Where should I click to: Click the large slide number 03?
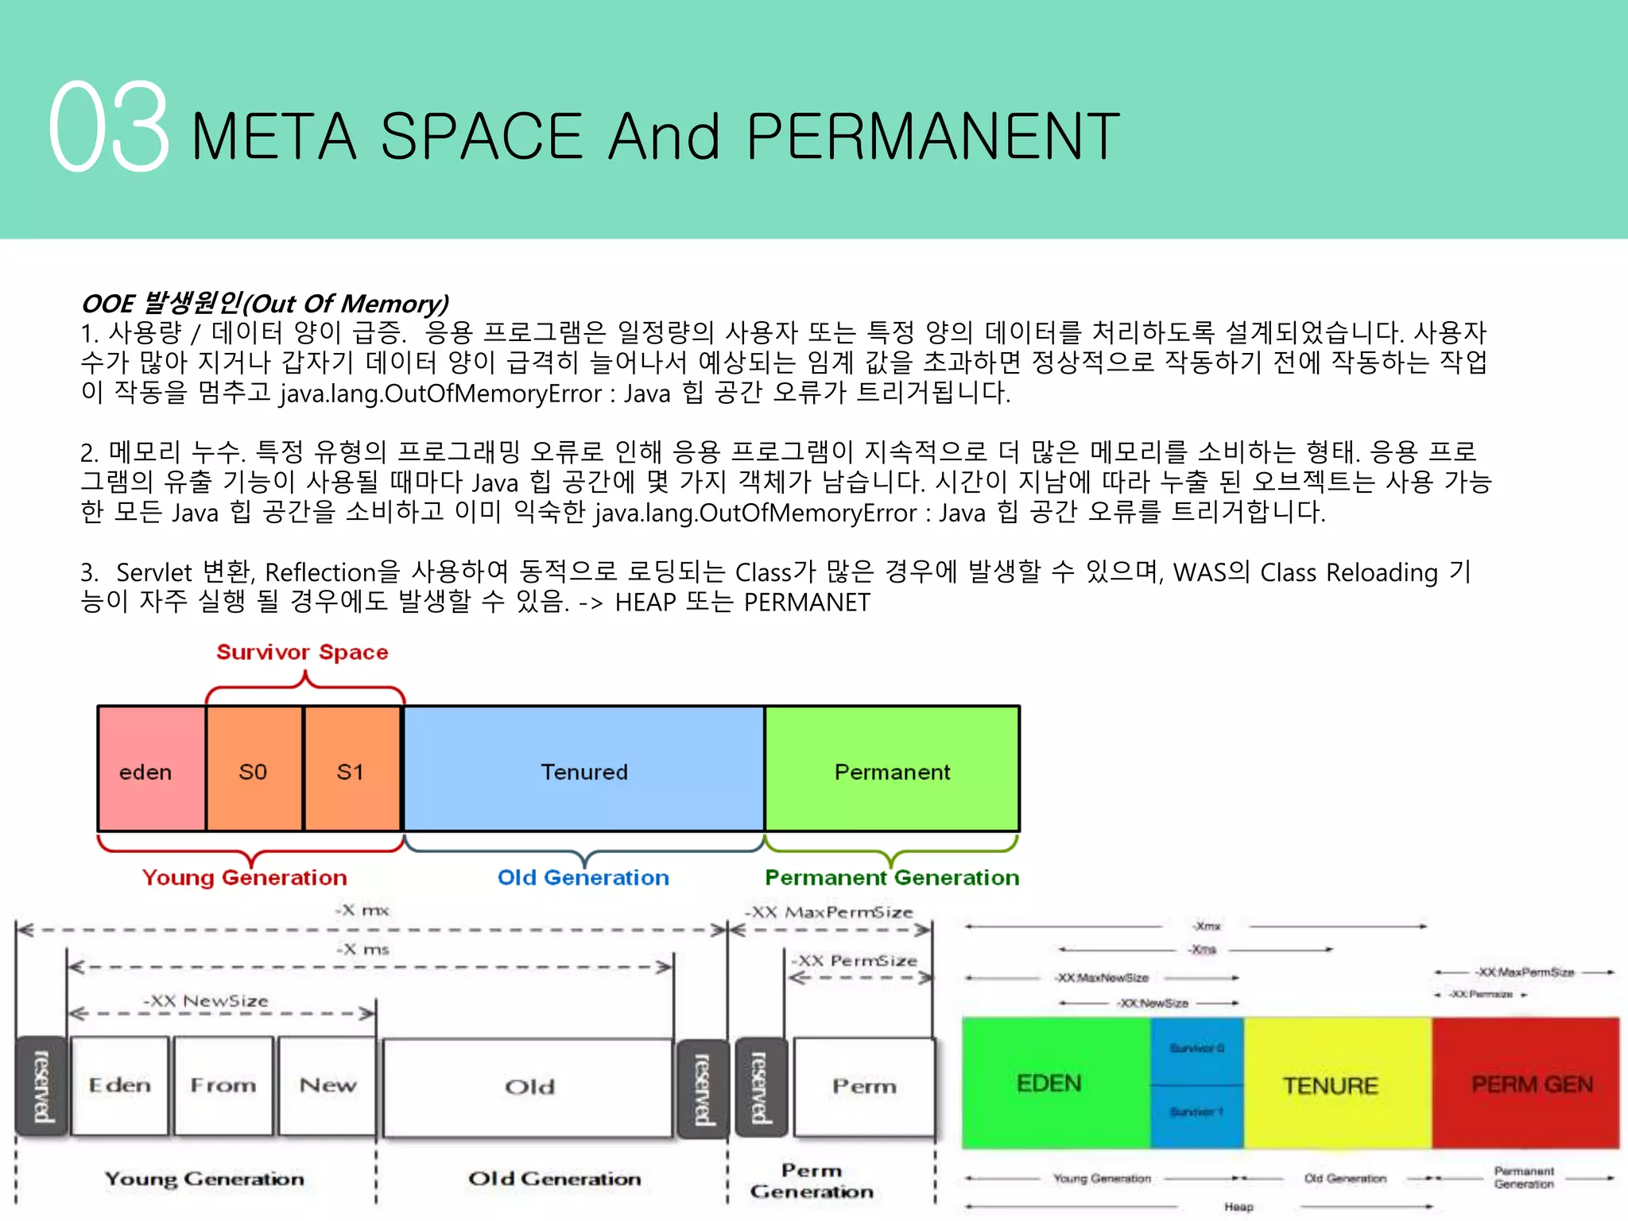(109, 127)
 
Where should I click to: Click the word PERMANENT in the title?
(933, 137)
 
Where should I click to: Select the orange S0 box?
(254, 769)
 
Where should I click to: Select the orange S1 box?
(351, 769)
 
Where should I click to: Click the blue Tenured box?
(584, 769)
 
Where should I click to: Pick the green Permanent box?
(892, 769)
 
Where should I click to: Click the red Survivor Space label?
(302, 653)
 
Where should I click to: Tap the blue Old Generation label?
(583, 878)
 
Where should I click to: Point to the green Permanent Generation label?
(891, 878)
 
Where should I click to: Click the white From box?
(223, 1085)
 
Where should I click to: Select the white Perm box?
(864, 1086)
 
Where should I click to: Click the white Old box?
(529, 1087)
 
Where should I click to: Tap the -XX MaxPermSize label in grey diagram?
(829, 913)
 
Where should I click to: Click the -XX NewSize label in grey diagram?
(206, 1001)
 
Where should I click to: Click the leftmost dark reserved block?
(41, 1085)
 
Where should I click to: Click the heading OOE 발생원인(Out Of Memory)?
(265, 304)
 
